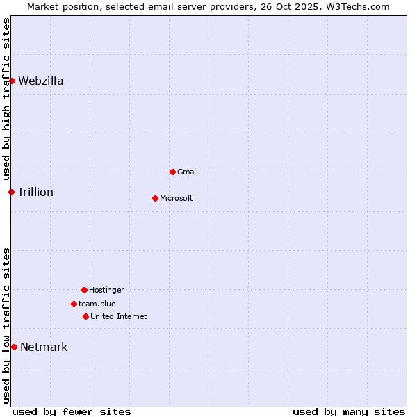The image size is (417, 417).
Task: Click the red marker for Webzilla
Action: click(x=12, y=81)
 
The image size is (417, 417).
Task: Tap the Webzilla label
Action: click(x=41, y=81)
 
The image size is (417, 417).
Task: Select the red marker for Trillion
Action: click(x=11, y=192)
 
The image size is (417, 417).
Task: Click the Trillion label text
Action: click(x=35, y=192)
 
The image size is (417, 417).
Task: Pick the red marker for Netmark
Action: click(x=14, y=347)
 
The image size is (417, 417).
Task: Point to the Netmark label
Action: click(x=44, y=347)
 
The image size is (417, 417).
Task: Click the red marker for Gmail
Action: click(x=172, y=172)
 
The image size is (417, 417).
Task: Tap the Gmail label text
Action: click(x=188, y=172)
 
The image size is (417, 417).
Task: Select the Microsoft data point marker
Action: click(x=155, y=198)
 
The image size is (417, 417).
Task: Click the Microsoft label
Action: click(x=177, y=198)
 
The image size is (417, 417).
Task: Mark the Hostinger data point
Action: click(x=84, y=290)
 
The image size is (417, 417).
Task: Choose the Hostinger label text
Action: click(x=106, y=290)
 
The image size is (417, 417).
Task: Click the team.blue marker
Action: click(x=74, y=304)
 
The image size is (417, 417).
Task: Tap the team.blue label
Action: click(x=97, y=304)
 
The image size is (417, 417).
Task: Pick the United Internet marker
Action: click(x=85, y=316)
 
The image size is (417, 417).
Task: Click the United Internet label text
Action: click(x=119, y=316)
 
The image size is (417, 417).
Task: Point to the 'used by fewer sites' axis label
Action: click(x=72, y=411)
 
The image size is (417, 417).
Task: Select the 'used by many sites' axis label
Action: click(x=349, y=411)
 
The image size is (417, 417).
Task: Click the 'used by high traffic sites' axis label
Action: click(x=6, y=99)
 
